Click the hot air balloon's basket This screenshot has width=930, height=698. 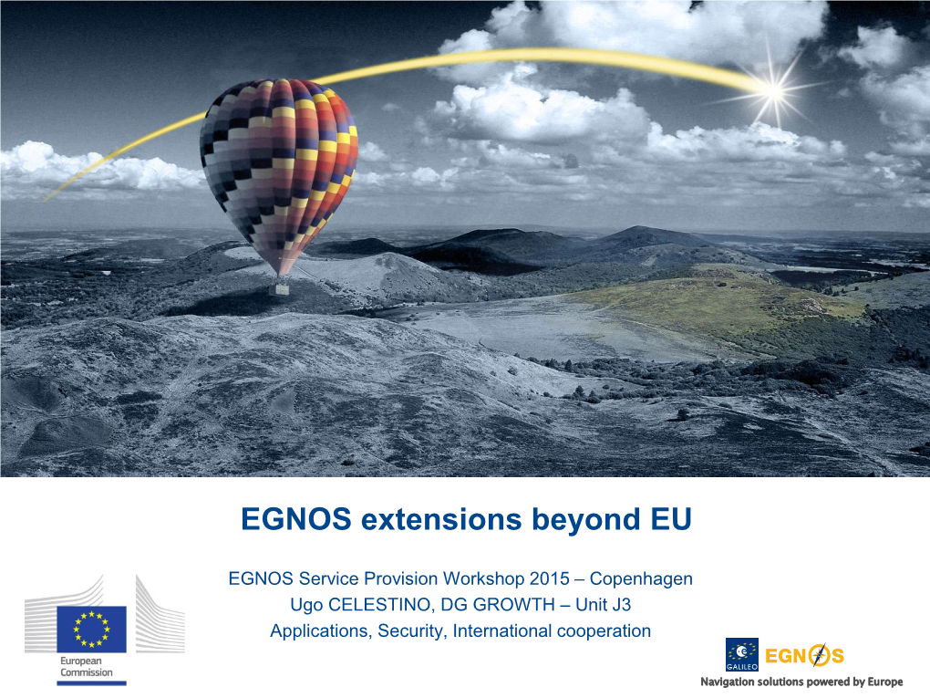point(279,289)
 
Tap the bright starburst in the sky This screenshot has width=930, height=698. point(773,91)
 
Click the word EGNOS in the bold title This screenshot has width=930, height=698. point(296,519)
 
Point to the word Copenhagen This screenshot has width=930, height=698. point(641,578)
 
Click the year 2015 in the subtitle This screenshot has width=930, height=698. point(549,578)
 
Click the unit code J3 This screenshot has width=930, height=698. point(620,605)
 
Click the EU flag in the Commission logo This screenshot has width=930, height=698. point(91,630)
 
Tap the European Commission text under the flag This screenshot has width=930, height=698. point(87,667)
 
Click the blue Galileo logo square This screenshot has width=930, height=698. point(742,655)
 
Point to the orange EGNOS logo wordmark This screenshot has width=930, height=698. point(805,656)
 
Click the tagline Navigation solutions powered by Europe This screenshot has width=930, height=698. point(801,682)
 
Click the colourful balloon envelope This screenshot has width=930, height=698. point(279,172)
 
